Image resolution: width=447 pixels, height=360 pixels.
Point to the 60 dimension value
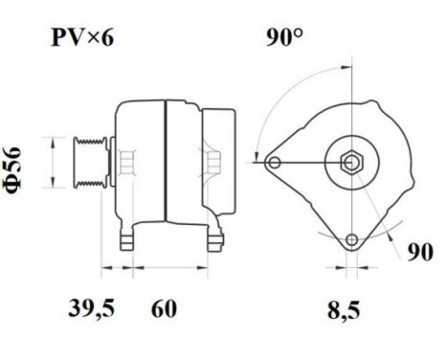165,308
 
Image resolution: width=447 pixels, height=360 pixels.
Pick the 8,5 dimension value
345,308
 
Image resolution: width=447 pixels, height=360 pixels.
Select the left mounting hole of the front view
275,163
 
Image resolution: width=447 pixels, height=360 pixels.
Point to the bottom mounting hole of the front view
352,238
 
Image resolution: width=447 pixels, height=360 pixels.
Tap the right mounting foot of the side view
212,233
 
